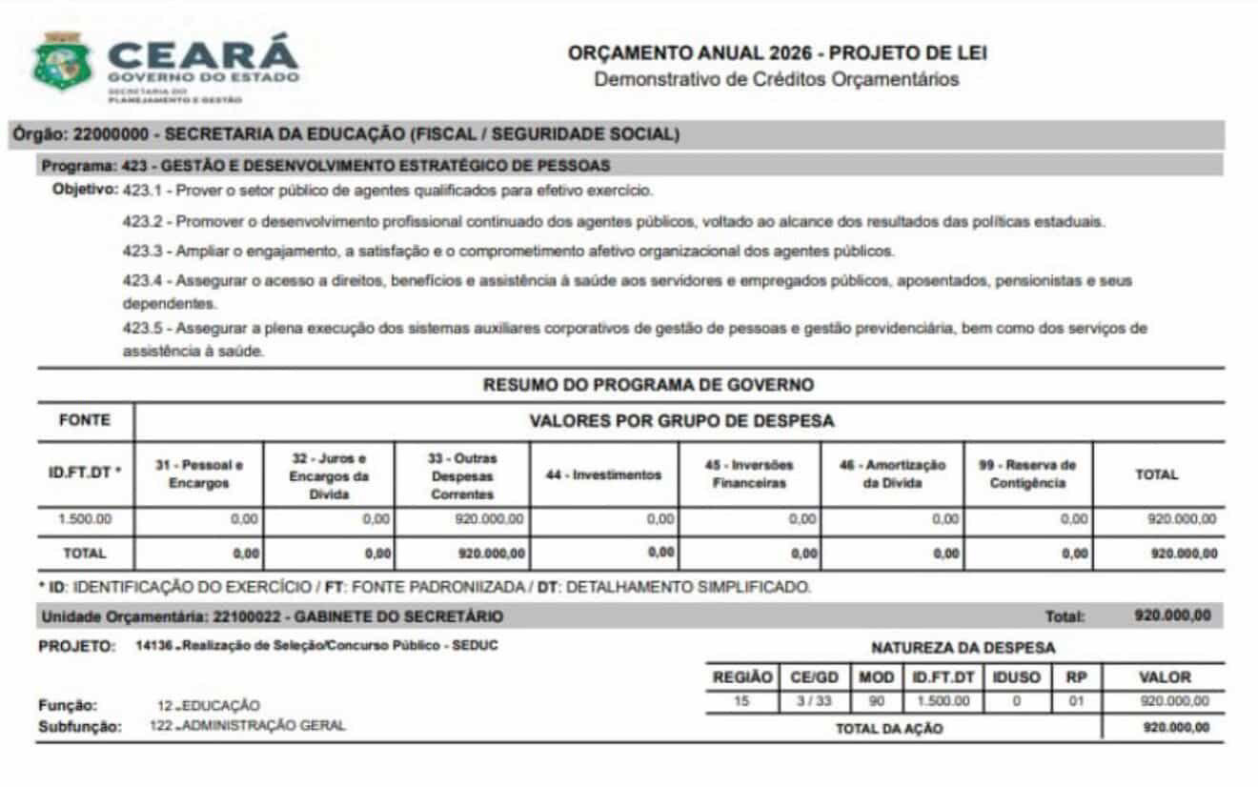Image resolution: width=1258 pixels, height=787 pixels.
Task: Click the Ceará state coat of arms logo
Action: (63, 62)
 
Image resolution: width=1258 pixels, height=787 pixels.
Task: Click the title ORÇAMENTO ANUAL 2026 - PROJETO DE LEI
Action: (777, 53)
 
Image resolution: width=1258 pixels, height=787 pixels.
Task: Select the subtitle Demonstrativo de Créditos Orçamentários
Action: (777, 79)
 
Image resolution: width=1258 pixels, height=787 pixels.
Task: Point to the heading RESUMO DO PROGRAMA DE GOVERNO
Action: (648, 385)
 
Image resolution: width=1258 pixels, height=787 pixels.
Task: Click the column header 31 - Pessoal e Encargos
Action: (199, 474)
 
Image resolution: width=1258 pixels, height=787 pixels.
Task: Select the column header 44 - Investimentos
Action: (603, 474)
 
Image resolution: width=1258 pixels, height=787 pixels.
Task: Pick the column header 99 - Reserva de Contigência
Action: (1027, 474)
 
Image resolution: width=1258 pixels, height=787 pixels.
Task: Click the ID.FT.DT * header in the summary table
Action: (85, 474)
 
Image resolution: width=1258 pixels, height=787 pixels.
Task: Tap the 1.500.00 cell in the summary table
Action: (85, 519)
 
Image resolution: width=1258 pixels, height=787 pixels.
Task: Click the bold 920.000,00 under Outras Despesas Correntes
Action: (491, 553)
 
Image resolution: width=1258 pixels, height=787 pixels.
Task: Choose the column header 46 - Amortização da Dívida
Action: (892, 474)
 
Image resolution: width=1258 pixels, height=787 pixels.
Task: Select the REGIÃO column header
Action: (742, 677)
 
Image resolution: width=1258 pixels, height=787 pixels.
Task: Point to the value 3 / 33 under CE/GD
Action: (814, 701)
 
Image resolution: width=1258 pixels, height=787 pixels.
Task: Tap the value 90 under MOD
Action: (877, 701)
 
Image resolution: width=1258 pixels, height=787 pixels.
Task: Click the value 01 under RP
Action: (1076, 701)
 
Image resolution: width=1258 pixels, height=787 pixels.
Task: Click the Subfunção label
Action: (80, 727)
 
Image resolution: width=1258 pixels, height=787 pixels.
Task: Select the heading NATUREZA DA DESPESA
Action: (963, 648)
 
